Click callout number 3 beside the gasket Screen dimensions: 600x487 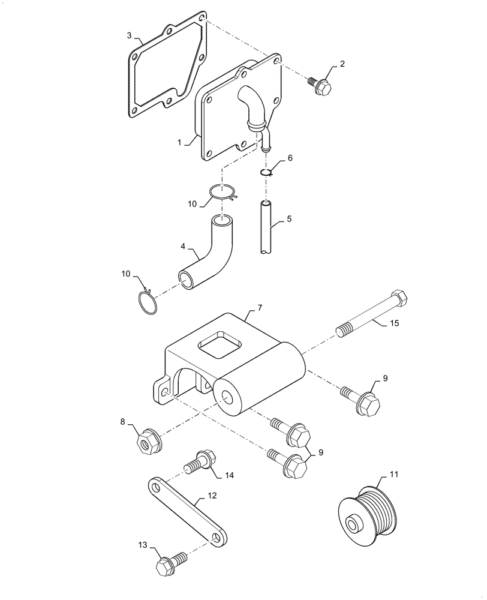129,35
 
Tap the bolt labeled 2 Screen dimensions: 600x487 321,86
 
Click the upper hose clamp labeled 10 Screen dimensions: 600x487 223,193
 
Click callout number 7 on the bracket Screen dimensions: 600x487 260,307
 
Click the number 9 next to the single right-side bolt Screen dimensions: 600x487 386,378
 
